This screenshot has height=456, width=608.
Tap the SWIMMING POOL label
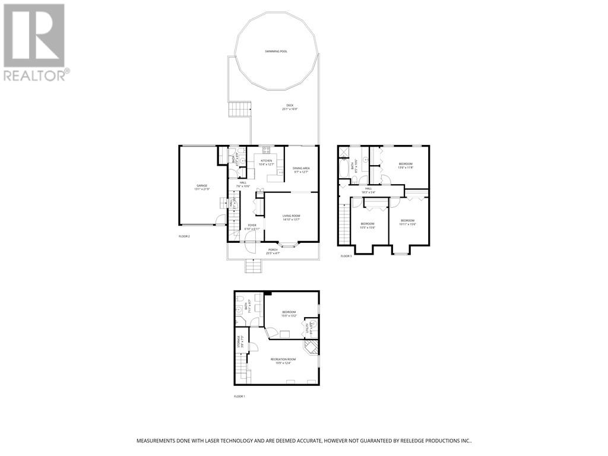[x=276, y=52]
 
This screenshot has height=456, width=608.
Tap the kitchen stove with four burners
[x=267, y=150]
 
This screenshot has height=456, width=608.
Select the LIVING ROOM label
[x=291, y=217]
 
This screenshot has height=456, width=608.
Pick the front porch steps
[x=254, y=266]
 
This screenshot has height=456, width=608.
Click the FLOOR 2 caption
[x=185, y=236]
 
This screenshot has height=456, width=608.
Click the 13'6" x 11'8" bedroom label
[x=405, y=166]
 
